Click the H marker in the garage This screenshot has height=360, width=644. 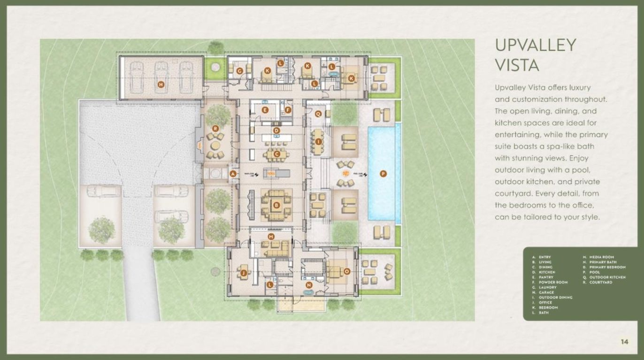point(161,84)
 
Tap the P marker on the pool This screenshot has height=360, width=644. point(383,174)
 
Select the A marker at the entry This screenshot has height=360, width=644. point(233,174)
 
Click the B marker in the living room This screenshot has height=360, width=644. point(276,204)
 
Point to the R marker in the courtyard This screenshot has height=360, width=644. point(215,128)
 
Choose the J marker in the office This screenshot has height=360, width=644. point(243,272)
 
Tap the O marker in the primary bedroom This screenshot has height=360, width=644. point(347,271)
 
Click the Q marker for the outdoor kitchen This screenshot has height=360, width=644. point(318,114)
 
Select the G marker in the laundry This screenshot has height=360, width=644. point(239,71)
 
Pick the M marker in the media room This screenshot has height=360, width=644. point(271,236)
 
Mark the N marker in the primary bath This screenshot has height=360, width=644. point(308,285)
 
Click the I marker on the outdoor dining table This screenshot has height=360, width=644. point(319,141)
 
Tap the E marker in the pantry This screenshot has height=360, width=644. point(265,110)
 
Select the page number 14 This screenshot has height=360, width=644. point(624,342)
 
